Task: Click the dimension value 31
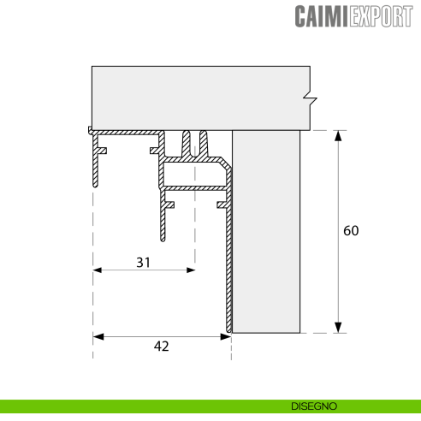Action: pos(143,263)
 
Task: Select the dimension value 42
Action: pos(162,346)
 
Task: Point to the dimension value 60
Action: pos(351,231)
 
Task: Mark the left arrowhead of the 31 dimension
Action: pos(97,270)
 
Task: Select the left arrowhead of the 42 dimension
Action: pos(97,336)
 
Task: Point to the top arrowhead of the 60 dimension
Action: pos(339,135)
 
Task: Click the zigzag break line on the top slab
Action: pos(310,95)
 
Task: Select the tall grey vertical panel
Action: pos(266,231)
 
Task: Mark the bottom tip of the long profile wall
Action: pos(228,330)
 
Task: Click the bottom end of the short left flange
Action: pos(93,185)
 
